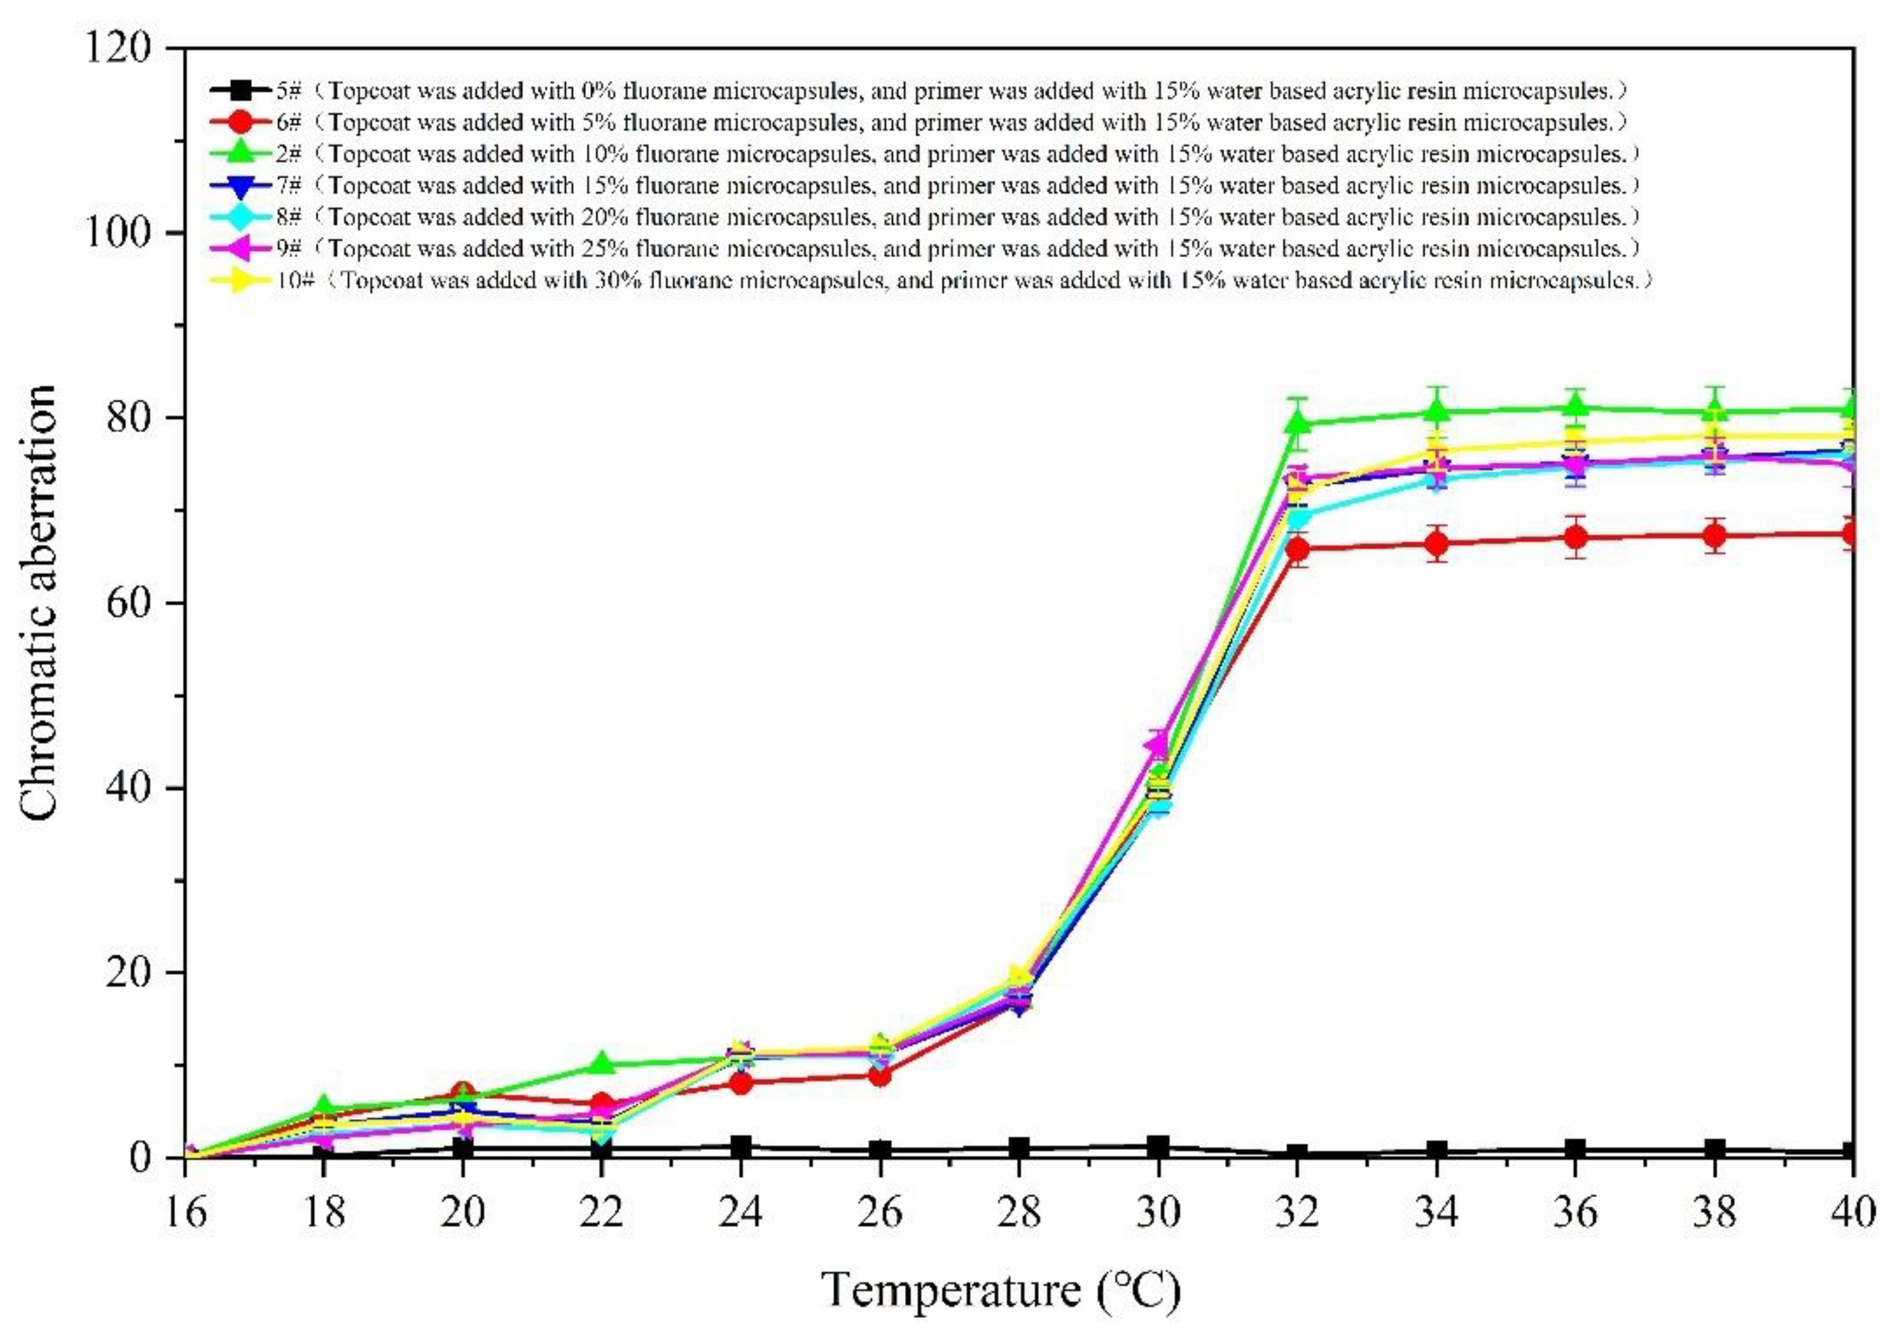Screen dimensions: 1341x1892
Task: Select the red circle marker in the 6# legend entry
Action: (241, 122)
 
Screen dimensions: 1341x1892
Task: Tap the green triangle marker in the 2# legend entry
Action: (241, 153)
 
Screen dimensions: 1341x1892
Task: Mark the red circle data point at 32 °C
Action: (1297, 549)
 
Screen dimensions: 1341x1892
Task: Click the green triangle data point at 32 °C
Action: (1297, 423)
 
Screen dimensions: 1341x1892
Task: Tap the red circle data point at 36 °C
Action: (1575, 537)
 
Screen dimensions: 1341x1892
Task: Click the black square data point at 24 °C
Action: (741, 1146)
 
